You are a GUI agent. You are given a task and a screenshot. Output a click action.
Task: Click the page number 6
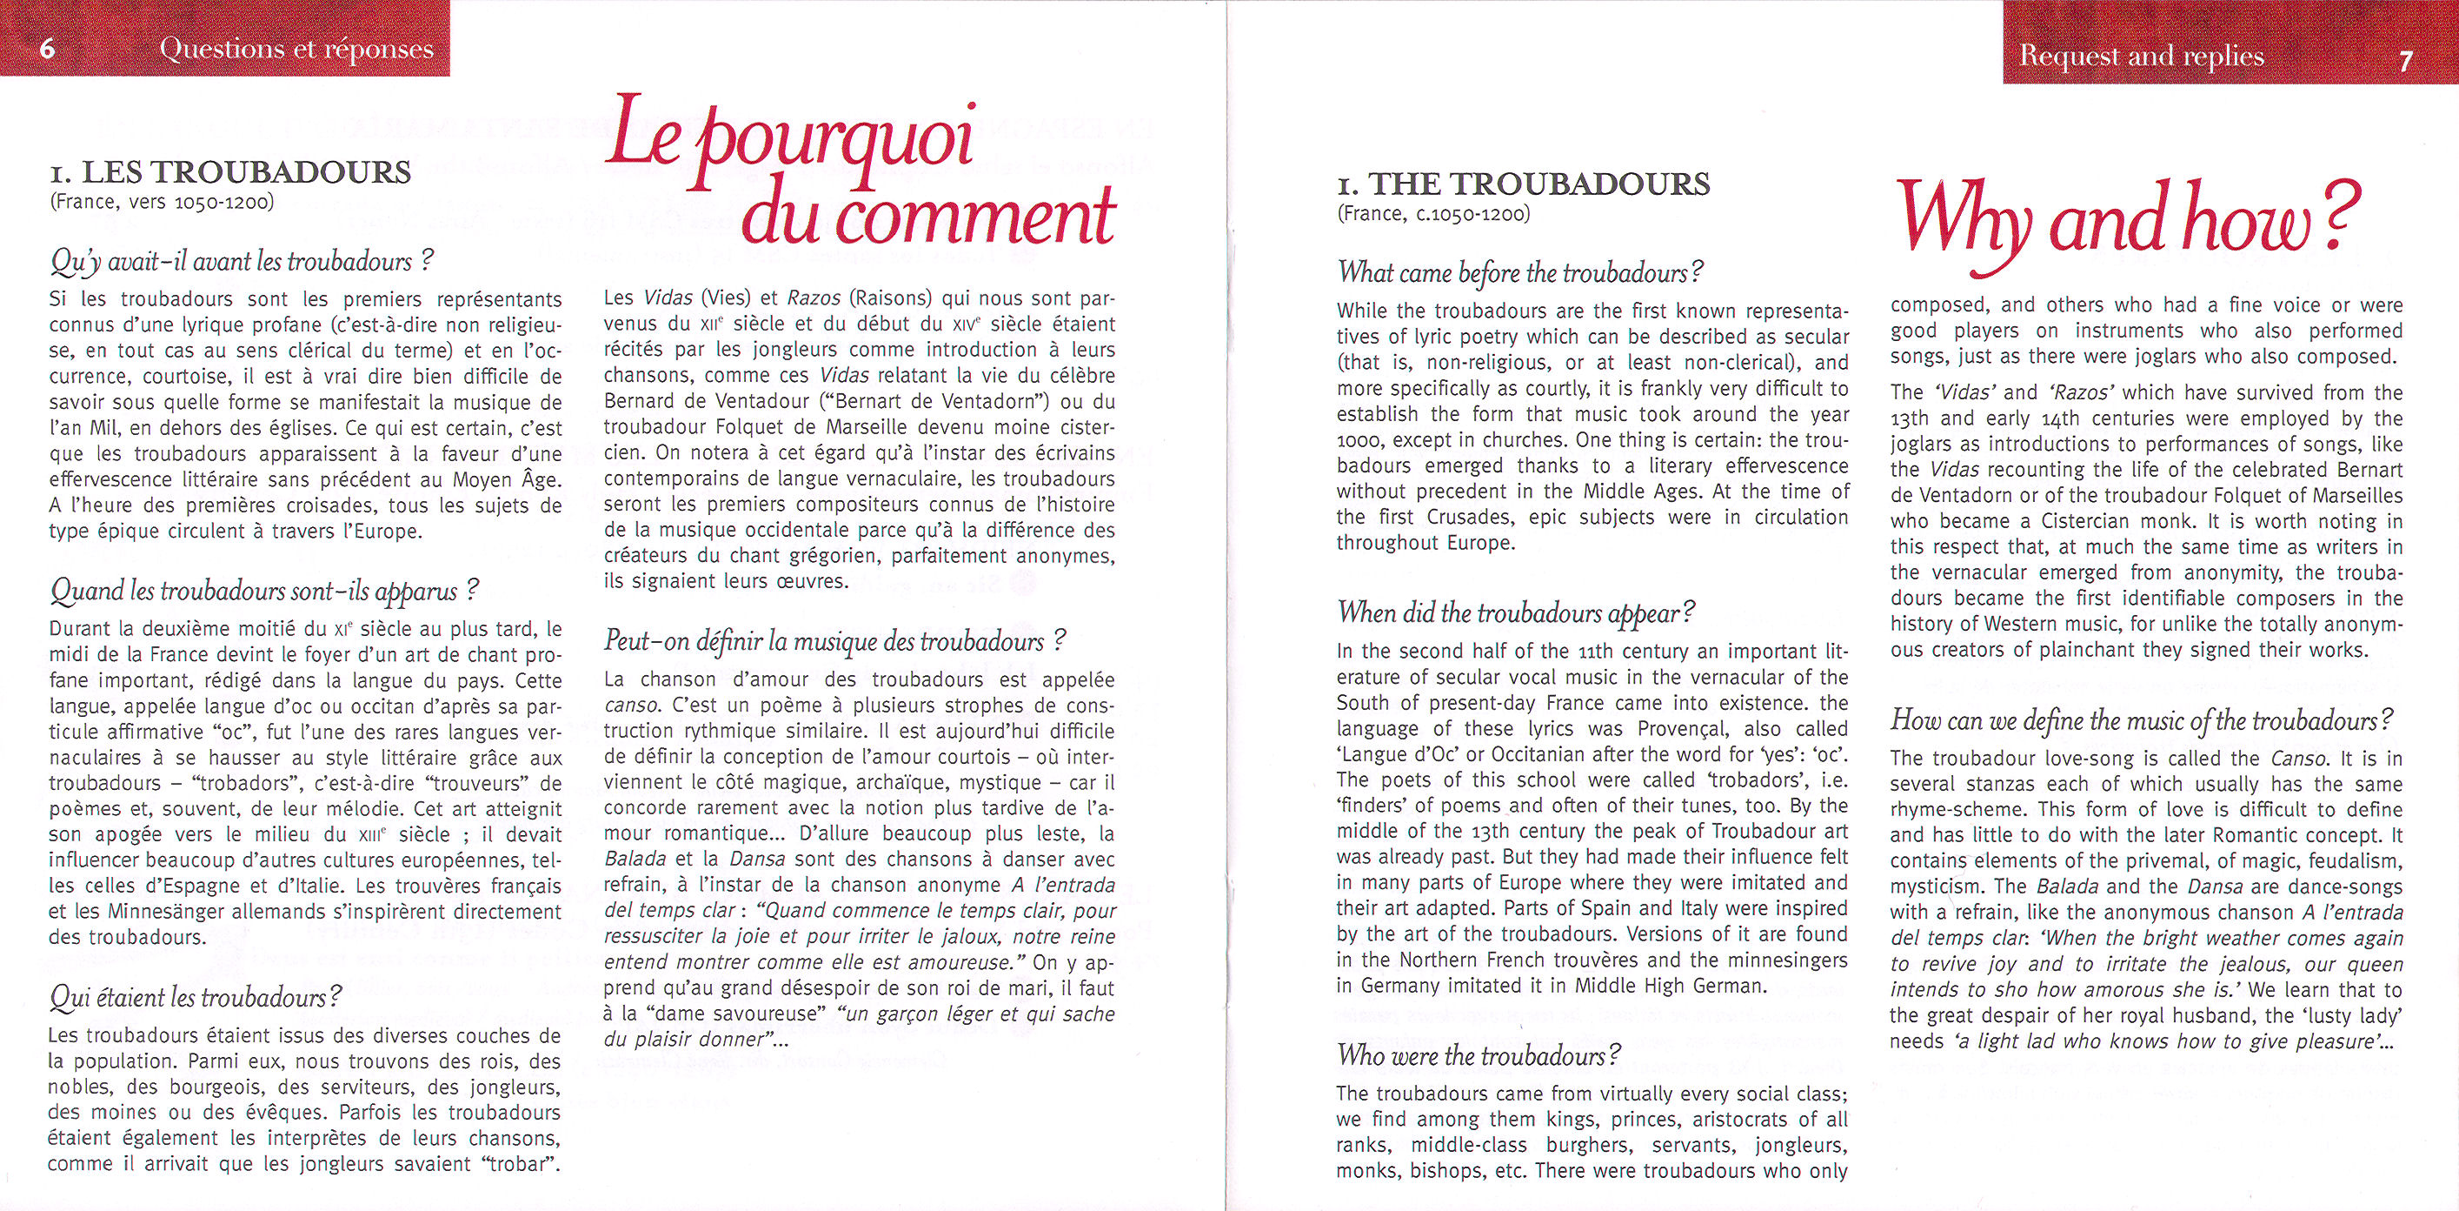(x=47, y=50)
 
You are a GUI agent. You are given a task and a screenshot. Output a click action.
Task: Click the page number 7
(x=2406, y=61)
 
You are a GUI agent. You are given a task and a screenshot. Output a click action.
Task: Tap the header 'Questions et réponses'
(x=297, y=50)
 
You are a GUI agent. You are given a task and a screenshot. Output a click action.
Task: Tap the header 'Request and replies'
(x=2141, y=57)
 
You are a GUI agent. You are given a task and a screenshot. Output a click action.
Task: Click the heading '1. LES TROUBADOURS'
(x=231, y=172)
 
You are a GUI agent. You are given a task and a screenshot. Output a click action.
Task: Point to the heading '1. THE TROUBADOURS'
(x=1524, y=184)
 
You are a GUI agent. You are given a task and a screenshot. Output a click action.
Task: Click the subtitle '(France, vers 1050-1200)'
(x=162, y=203)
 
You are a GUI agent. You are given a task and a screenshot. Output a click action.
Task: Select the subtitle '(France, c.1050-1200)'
(x=1434, y=214)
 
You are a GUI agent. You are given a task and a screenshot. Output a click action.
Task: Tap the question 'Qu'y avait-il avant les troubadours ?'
(x=243, y=261)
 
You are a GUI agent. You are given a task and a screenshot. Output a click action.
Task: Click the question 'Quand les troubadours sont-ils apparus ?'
(x=263, y=592)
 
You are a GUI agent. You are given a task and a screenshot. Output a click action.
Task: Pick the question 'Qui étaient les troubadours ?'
(x=196, y=998)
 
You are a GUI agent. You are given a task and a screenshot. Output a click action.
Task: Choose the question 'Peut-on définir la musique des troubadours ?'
(x=834, y=641)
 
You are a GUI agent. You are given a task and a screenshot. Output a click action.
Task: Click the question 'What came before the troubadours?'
(x=1520, y=273)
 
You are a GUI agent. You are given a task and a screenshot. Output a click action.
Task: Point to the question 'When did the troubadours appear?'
(x=1517, y=612)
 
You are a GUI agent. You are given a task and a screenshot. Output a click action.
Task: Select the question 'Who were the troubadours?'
(x=1479, y=1055)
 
